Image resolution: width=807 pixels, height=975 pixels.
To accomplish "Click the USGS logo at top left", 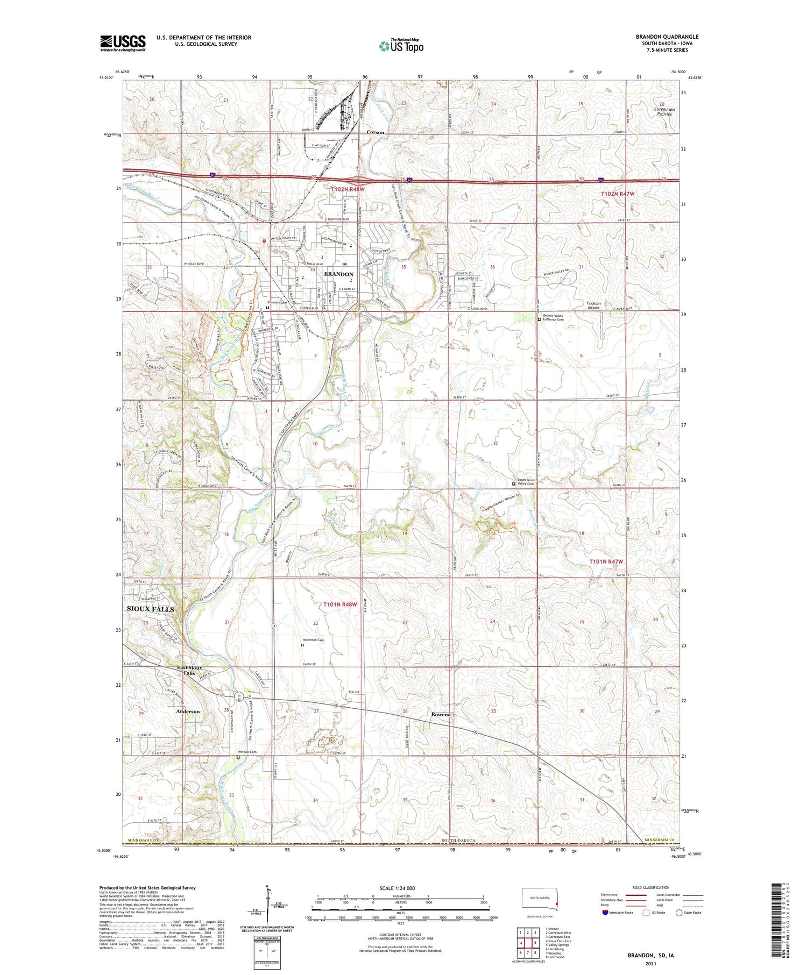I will pyautogui.click(x=123, y=43).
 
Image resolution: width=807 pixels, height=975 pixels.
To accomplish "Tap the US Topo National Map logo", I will pyautogui.click(x=401, y=46).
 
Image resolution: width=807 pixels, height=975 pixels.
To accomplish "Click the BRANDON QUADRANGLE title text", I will pyautogui.click(x=667, y=37).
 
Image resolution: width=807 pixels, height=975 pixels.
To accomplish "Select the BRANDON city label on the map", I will pyautogui.click(x=338, y=274).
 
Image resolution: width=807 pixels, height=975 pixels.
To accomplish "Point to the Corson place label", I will pyautogui.click(x=375, y=132).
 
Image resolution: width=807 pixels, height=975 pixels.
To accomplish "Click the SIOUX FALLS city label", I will pyautogui.click(x=150, y=609).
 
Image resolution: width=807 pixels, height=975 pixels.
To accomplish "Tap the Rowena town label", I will pyautogui.click(x=440, y=715).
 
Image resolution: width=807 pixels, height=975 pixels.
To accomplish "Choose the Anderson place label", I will pyautogui.click(x=188, y=711).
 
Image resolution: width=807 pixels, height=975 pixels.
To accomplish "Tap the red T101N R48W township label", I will pyautogui.click(x=340, y=604).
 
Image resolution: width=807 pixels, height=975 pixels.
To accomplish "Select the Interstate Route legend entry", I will pyautogui.click(x=619, y=913).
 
